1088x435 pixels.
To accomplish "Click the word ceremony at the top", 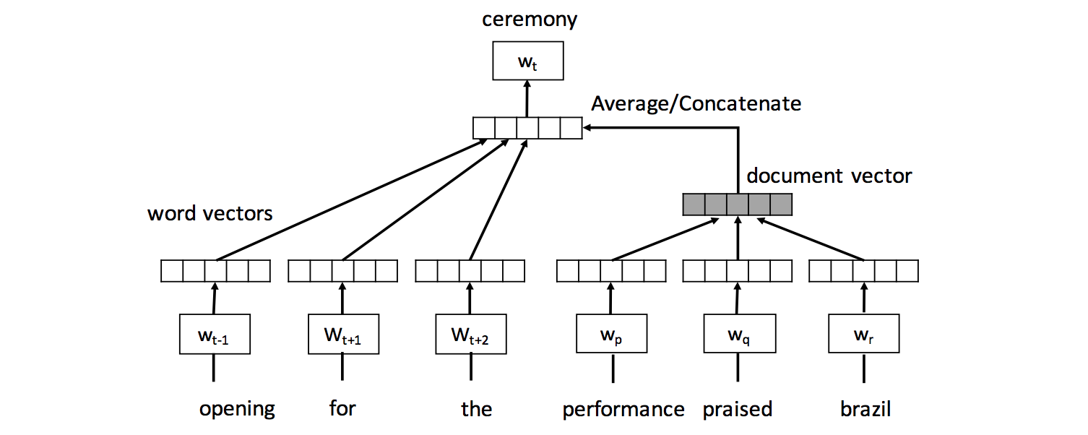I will tap(530, 19).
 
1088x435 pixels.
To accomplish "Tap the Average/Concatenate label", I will tap(696, 104).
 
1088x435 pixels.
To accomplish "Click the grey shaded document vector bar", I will tap(737, 204).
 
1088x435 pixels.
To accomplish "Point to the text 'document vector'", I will tap(829, 176).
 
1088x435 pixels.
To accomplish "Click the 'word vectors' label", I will tap(210, 213).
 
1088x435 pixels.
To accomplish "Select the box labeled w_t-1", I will tap(215, 334).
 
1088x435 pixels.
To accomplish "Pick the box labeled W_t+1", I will tap(343, 334).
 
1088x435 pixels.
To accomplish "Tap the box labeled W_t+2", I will tap(470, 334).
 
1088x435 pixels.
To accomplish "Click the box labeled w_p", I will tap(611, 334).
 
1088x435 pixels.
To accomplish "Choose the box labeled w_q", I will tap(738, 334).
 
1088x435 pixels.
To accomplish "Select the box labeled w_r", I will tap(863, 334).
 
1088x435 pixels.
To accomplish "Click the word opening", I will tap(237, 409).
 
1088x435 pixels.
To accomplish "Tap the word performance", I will tap(623, 410).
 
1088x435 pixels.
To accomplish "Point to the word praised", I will tap(738, 410).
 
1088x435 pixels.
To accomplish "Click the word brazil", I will tap(865, 410).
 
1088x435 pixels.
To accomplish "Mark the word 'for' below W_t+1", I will tap(342, 409).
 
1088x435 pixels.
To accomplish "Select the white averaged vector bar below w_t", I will tap(527, 128).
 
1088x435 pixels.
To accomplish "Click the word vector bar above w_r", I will tap(863, 271).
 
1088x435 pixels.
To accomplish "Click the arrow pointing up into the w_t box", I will tap(527, 98).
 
